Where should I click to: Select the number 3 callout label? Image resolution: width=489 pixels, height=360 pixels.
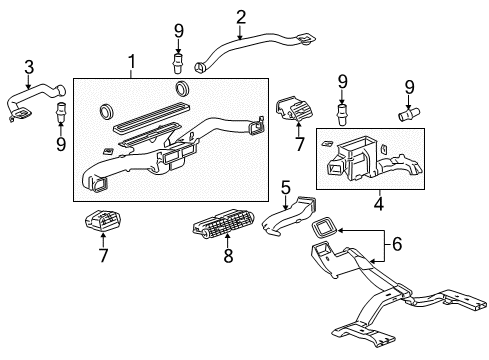(x=29, y=67)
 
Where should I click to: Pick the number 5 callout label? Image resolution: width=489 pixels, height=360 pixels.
(x=285, y=187)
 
